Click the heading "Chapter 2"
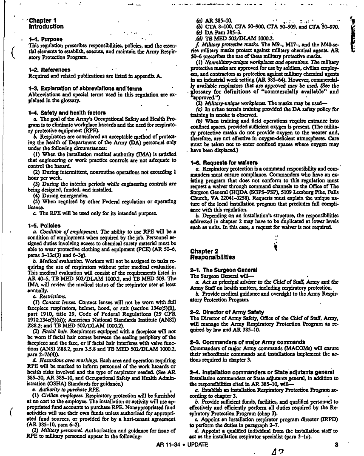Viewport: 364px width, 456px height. click(205, 251)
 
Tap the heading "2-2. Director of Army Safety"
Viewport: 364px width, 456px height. click(227, 312)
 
